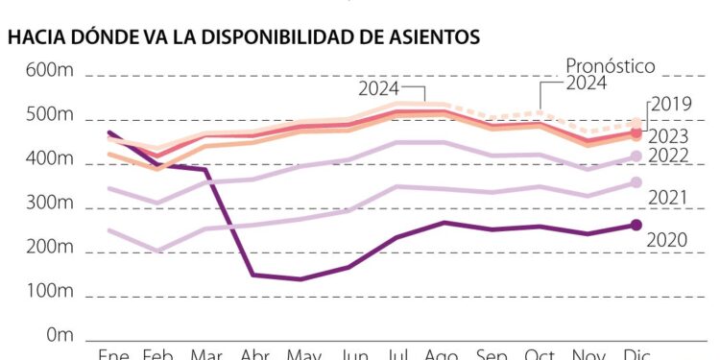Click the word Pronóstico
click(610, 65)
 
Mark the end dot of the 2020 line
click(635, 225)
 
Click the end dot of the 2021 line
click(635, 182)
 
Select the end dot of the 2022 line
click(635, 156)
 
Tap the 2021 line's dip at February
click(157, 251)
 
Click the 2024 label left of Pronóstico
click(379, 89)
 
